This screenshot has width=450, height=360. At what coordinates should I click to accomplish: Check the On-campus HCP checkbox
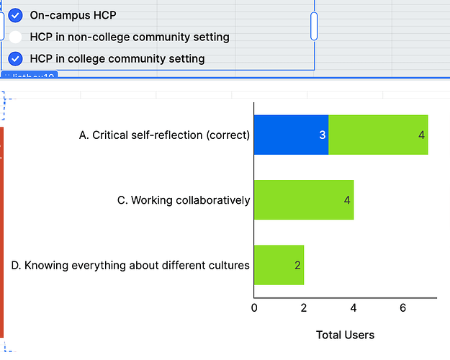[15, 15]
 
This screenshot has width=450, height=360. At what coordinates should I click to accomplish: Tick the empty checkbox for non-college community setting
[15, 37]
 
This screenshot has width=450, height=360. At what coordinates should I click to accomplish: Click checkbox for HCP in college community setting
[15, 59]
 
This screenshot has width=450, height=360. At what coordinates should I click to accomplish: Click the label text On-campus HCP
[73, 15]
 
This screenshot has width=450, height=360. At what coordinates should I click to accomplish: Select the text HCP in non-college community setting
[130, 37]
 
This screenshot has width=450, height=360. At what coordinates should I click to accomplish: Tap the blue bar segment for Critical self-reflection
[291, 135]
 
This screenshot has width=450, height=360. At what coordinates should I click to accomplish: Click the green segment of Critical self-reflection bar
[378, 135]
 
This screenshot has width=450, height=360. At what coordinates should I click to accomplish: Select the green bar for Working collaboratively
[303, 199]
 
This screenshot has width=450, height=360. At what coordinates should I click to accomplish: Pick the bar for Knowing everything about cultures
[279, 265]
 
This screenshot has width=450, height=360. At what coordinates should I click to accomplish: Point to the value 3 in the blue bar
[323, 135]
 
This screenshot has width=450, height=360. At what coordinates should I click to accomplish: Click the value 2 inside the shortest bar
[297, 265]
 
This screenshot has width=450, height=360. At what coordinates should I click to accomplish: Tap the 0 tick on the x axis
[254, 308]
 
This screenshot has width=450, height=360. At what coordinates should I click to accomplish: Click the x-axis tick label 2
[304, 308]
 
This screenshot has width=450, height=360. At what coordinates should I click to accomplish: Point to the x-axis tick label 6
[403, 308]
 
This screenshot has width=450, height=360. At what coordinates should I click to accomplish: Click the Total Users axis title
[345, 335]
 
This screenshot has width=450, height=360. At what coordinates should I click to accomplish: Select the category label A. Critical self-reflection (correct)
[164, 135]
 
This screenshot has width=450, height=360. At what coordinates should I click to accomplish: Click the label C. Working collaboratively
[184, 200]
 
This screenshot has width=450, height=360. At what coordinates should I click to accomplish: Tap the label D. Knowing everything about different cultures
[130, 265]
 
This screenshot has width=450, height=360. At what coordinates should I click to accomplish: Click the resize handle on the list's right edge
[314, 26]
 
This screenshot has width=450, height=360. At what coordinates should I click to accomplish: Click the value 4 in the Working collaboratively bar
[347, 200]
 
